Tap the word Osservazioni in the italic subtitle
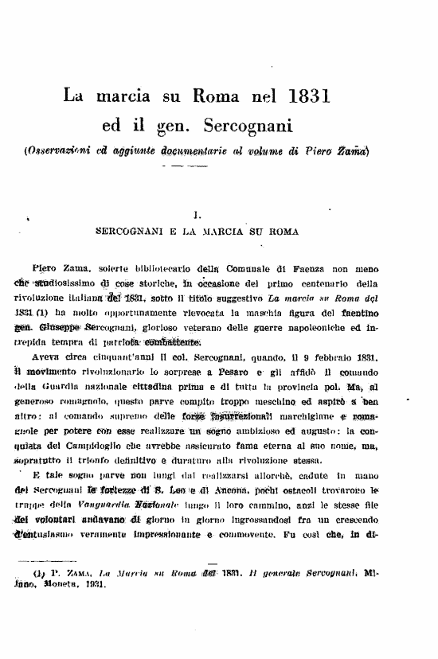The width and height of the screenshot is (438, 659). coord(55,151)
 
